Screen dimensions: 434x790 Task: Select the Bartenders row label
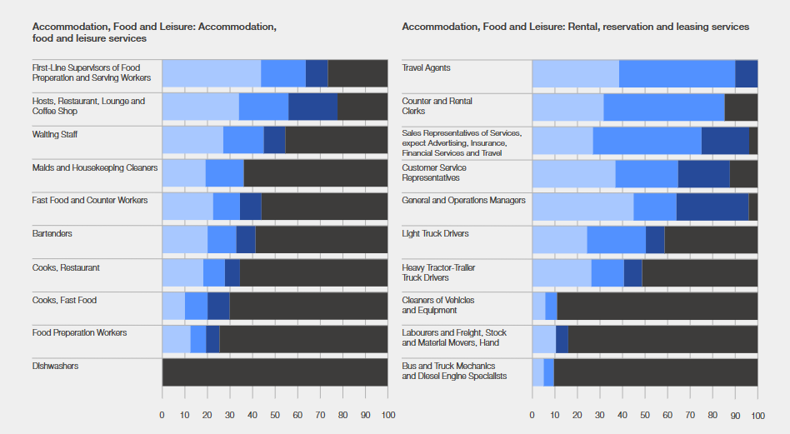point(52,234)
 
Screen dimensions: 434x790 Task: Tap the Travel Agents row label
point(426,68)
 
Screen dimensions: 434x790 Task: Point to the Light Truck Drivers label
point(435,234)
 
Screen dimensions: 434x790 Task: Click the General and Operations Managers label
point(463,201)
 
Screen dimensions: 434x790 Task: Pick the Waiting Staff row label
point(56,134)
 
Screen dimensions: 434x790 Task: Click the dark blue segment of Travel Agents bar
point(746,74)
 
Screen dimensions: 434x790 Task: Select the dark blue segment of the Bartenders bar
point(246,240)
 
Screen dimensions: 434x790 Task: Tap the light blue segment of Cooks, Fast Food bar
point(173,307)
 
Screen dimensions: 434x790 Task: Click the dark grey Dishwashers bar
point(275,372)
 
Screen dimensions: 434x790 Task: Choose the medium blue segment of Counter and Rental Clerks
point(664,107)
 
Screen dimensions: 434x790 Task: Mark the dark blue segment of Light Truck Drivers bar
point(655,240)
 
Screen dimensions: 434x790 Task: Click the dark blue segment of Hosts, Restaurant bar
point(312,107)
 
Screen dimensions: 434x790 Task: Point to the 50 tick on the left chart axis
point(275,414)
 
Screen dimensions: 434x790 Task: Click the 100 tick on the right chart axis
point(757,414)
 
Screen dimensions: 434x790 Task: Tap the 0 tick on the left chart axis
point(162,414)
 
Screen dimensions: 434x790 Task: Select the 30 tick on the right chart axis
point(600,414)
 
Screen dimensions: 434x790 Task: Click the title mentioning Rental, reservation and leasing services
point(575,27)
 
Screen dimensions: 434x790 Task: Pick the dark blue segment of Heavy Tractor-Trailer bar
point(632,273)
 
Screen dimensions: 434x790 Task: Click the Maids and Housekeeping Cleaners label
point(95,167)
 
